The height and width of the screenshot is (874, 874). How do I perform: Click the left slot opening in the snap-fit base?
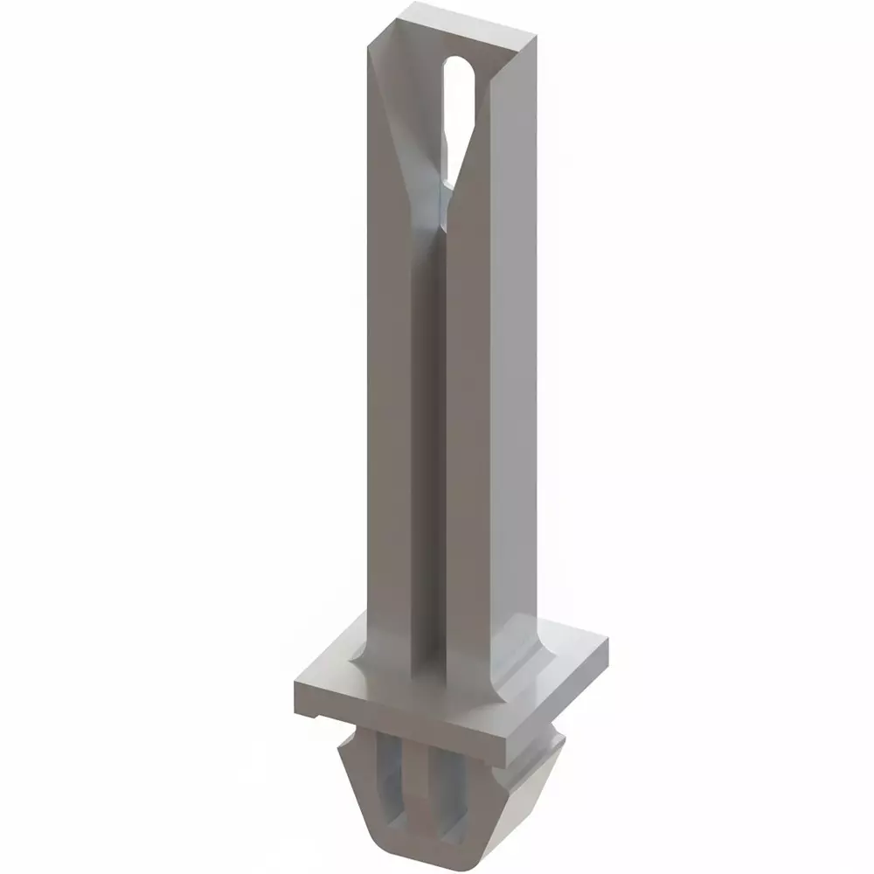pyautogui.click(x=391, y=795)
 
